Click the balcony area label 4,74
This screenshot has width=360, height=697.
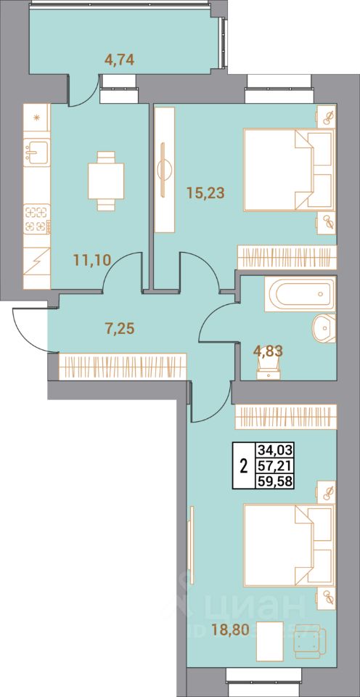click(x=119, y=60)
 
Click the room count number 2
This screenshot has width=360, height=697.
click(x=242, y=465)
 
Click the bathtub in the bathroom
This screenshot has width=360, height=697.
click(x=300, y=294)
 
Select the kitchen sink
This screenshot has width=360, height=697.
click(x=36, y=152)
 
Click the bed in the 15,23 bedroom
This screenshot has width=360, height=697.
click(x=287, y=170)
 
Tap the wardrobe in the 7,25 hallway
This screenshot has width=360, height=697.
click(x=123, y=365)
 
